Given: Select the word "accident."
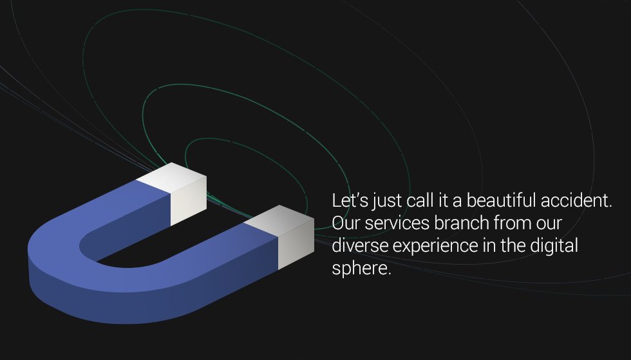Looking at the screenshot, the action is [x=576, y=200].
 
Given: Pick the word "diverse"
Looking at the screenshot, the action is [x=360, y=245].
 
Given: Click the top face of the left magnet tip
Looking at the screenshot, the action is [x=171, y=177].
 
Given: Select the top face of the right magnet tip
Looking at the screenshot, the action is [x=279, y=220].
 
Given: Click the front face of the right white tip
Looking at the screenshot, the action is [x=296, y=244].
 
